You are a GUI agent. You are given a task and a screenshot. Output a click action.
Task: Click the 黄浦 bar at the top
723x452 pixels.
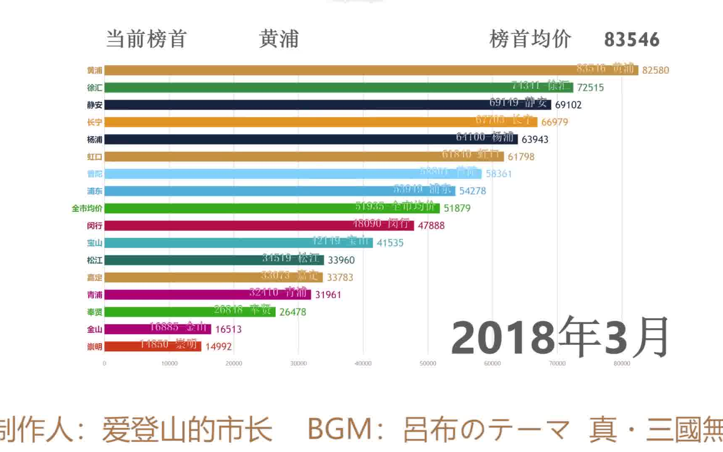coord(371,70)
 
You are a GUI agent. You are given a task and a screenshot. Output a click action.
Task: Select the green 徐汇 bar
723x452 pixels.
coord(338,87)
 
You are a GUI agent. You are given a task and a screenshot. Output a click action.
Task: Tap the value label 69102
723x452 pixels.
coord(568,105)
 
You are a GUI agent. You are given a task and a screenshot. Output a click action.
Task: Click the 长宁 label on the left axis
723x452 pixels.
coord(95,122)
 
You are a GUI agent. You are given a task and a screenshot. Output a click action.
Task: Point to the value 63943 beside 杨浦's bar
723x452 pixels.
coord(535,139)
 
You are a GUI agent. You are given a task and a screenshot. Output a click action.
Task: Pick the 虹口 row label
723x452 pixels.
coord(95,157)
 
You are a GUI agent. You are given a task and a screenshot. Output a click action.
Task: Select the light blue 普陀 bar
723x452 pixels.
coord(293,174)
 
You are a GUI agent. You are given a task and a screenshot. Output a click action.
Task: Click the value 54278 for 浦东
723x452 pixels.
coord(472,191)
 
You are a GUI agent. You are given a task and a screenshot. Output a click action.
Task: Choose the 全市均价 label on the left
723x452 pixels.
coord(87,208)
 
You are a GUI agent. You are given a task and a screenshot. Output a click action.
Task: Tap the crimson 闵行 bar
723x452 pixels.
coord(259,226)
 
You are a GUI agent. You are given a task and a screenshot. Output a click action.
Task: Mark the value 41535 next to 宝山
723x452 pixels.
coord(390,243)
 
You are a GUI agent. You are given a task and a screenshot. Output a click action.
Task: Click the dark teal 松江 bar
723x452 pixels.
coord(214,260)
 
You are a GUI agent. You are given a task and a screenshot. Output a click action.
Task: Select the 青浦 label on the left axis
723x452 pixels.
coord(95,295)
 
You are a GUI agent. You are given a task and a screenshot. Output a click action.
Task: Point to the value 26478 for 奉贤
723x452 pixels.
coord(292,312)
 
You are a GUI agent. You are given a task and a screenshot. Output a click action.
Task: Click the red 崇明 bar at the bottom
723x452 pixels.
coord(153,347)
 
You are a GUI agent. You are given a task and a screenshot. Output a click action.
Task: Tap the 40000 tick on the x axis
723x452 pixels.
coord(363,364)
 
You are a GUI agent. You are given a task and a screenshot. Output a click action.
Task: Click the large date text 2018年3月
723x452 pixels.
coord(560,337)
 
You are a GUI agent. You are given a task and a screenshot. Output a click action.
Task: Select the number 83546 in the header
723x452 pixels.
coord(631,40)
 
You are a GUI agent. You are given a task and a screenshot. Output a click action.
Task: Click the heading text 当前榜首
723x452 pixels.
coord(146,39)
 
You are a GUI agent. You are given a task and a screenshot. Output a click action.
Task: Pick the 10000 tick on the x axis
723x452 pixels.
coord(169,364)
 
